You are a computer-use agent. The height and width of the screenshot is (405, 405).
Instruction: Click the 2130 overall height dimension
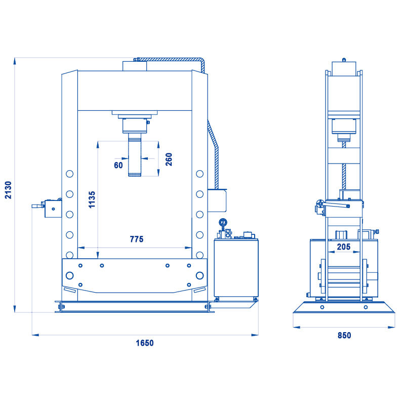[x=9, y=190]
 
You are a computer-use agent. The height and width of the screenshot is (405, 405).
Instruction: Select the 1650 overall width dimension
[x=145, y=343]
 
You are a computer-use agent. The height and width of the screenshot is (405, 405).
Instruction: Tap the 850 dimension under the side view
[x=344, y=335]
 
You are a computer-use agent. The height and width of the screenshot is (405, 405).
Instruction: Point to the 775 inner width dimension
[x=136, y=239]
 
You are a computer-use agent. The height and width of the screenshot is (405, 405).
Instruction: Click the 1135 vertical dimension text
[x=92, y=199]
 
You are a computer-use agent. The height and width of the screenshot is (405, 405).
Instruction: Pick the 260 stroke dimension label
[x=169, y=159]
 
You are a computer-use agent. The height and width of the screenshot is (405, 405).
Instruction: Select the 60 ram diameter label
[x=118, y=166]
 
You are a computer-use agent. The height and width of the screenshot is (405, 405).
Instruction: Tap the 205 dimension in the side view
[x=344, y=247]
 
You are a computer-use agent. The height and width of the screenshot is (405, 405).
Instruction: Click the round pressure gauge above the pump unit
[x=223, y=222]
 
